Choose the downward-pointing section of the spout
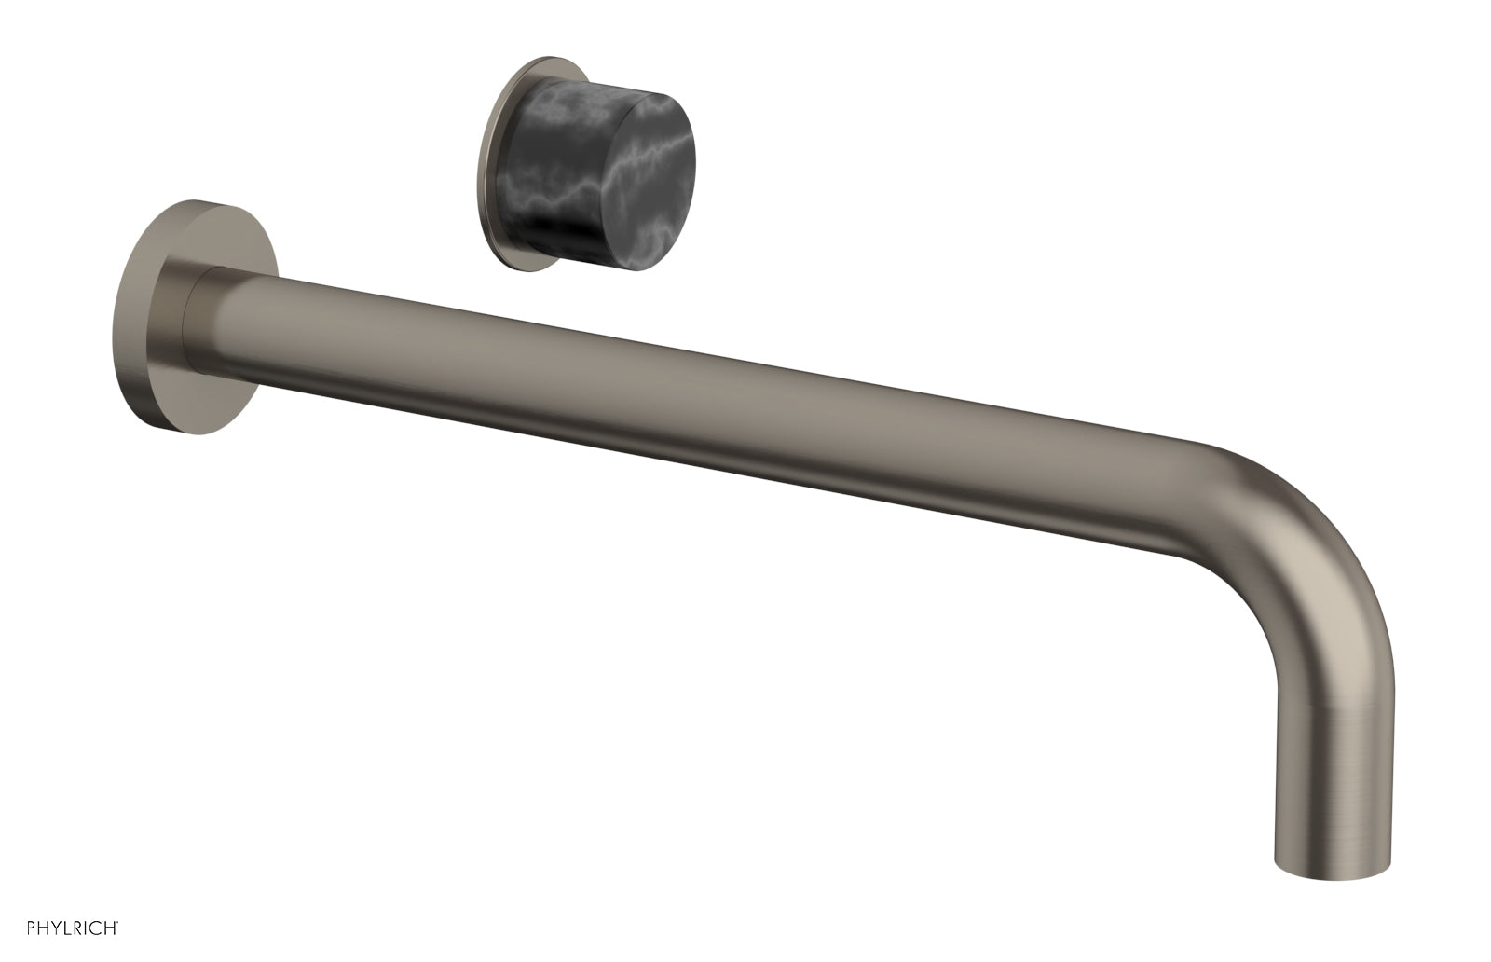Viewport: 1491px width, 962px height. click(x=1333, y=746)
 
